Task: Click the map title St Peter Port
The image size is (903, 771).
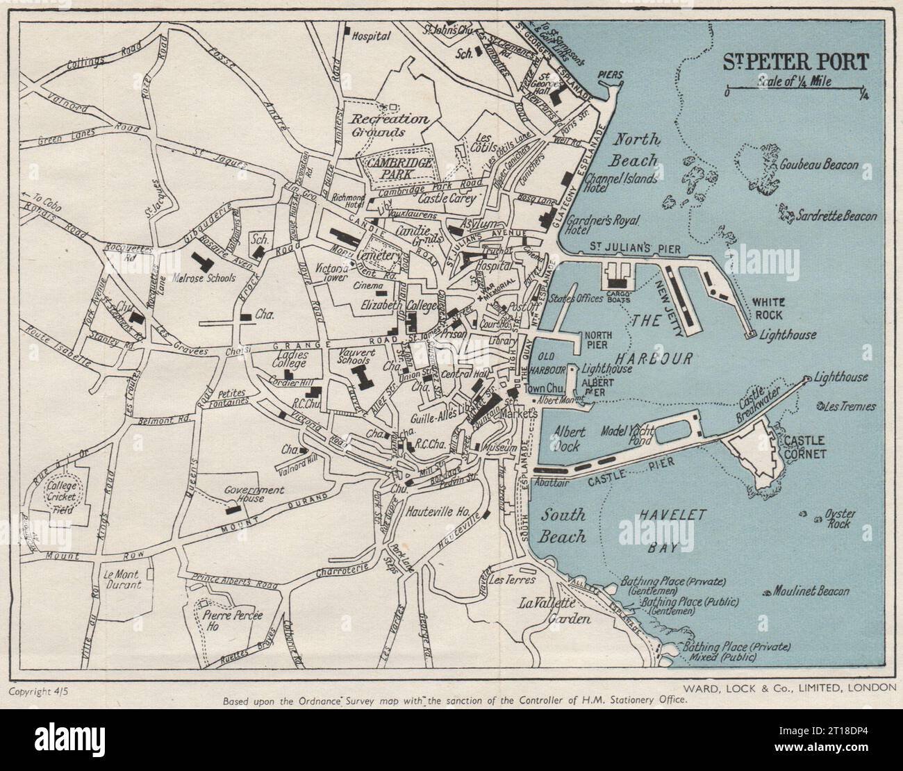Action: pos(795,62)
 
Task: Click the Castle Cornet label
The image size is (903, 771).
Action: pos(805,447)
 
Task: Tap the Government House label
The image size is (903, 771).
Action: pos(255,495)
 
